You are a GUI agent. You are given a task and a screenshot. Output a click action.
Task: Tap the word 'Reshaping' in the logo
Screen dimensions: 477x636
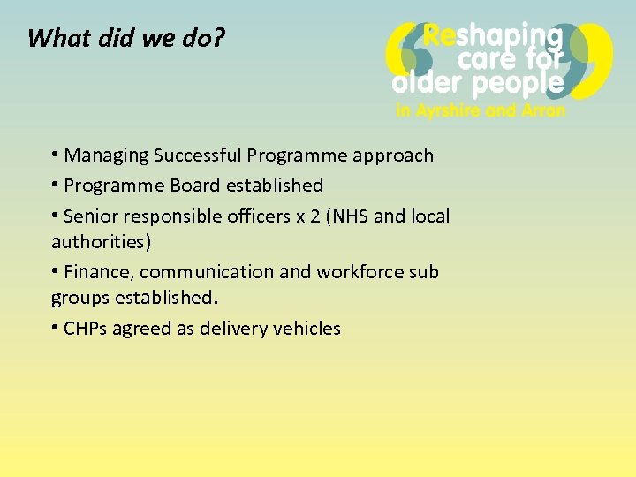coord(493,36)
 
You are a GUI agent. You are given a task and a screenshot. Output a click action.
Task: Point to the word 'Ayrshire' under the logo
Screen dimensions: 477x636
coord(451,111)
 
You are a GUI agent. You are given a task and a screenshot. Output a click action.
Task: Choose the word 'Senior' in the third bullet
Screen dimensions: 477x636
coord(93,216)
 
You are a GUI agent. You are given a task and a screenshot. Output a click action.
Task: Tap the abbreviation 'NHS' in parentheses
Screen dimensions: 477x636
coord(351,216)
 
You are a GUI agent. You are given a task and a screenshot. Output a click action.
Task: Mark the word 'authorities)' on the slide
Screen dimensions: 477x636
coord(101,241)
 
